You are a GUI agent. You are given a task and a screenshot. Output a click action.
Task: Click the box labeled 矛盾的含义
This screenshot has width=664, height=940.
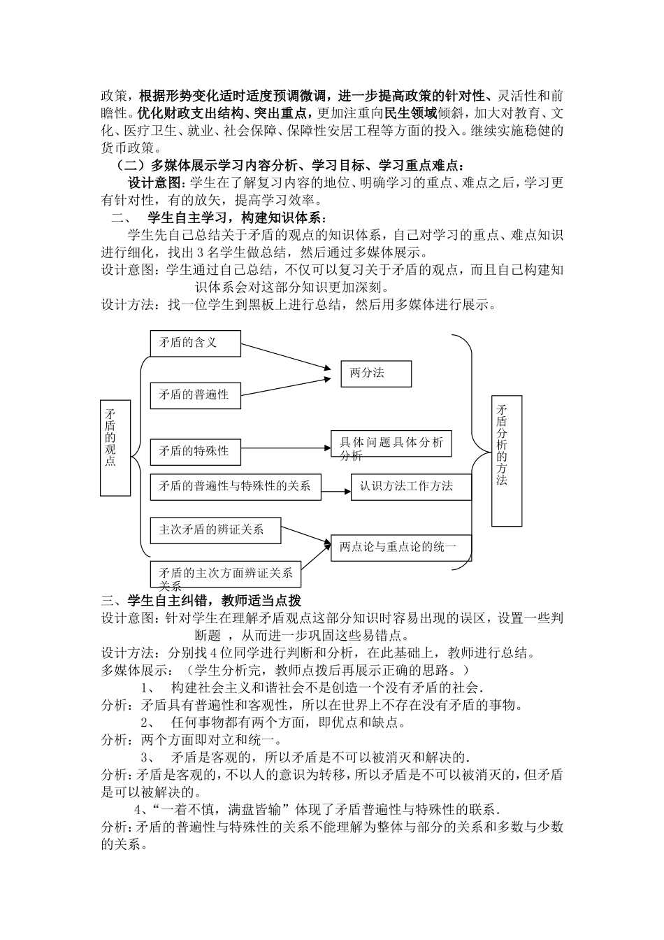195,343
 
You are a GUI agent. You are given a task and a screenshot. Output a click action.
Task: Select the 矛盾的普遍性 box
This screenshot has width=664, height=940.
194,394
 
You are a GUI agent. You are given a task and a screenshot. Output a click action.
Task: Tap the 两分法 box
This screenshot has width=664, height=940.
376,373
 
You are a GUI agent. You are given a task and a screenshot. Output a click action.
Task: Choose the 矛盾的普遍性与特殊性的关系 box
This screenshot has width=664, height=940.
236,486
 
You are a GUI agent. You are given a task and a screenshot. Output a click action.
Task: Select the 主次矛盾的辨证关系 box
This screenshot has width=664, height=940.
215,530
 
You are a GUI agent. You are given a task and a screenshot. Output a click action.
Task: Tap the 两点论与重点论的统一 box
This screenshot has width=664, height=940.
401,547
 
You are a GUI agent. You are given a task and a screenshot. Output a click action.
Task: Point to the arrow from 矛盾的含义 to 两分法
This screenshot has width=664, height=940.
285,355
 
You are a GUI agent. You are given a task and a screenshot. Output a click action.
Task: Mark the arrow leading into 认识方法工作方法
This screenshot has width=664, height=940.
336,491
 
